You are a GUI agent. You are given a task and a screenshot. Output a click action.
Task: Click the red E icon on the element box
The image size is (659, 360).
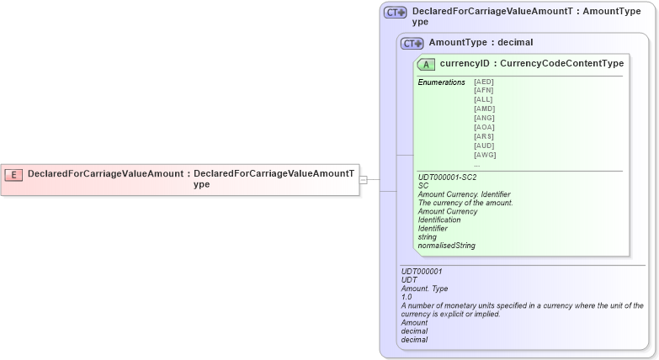[x=13, y=174]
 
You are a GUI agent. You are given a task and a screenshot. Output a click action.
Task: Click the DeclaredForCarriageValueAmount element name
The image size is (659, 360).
[x=105, y=174]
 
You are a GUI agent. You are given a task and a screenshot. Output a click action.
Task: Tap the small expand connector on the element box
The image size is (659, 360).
[x=364, y=179]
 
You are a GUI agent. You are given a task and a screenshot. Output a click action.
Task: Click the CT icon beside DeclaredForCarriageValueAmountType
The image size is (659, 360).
[x=395, y=13]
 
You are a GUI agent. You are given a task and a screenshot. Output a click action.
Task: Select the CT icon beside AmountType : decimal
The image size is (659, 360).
[x=412, y=43]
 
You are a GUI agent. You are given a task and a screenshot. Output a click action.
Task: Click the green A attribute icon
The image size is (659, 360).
[x=426, y=64]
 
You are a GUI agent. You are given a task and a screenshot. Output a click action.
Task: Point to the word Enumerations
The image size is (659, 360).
[x=441, y=82]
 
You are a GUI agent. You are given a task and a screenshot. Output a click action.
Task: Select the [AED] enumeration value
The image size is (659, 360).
[x=483, y=82]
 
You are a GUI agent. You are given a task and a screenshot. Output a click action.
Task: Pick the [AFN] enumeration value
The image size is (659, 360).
[x=483, y=91]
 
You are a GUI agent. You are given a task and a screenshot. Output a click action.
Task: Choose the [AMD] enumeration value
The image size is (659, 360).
[x=484, y=109]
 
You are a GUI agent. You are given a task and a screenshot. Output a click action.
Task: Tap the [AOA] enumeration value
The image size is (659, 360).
[x=484, y=127]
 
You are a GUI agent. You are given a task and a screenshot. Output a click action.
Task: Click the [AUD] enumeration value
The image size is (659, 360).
[x=484, y=146]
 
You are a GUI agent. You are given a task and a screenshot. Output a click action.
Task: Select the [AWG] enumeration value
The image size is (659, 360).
[x=485, y=155]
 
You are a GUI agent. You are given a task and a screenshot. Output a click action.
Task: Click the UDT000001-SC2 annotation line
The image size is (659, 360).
[x=447, y=177]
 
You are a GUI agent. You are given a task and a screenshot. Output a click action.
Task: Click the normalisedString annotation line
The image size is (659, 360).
[x=446, y=246]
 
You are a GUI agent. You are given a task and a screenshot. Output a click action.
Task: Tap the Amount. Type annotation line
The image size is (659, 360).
[x=424, y=289]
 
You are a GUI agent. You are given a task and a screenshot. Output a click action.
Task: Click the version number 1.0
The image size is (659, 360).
[x=407, y=297]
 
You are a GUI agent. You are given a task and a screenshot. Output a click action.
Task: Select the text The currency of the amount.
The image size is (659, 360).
[x=465, y=203]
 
